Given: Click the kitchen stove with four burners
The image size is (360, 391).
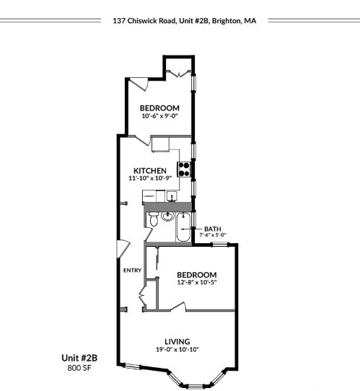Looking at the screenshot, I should coord(185,169).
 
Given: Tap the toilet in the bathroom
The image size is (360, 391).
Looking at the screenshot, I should coord(154,219).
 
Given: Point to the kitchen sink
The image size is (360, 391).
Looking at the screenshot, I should coord(172,195).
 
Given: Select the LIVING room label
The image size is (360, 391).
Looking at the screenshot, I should coord(177,341).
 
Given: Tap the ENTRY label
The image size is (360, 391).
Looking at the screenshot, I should coord(131,271).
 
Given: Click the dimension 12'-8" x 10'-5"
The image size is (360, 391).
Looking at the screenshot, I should coord(197,283).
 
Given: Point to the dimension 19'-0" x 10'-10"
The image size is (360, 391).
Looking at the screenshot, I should coord(177,350).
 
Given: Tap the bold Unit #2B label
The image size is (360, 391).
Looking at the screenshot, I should coord(76,358).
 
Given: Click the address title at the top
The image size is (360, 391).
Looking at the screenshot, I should coord(184,21).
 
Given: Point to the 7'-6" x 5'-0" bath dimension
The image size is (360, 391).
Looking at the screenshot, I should coord(213,234).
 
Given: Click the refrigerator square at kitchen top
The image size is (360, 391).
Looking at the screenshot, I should coord(160,145).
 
